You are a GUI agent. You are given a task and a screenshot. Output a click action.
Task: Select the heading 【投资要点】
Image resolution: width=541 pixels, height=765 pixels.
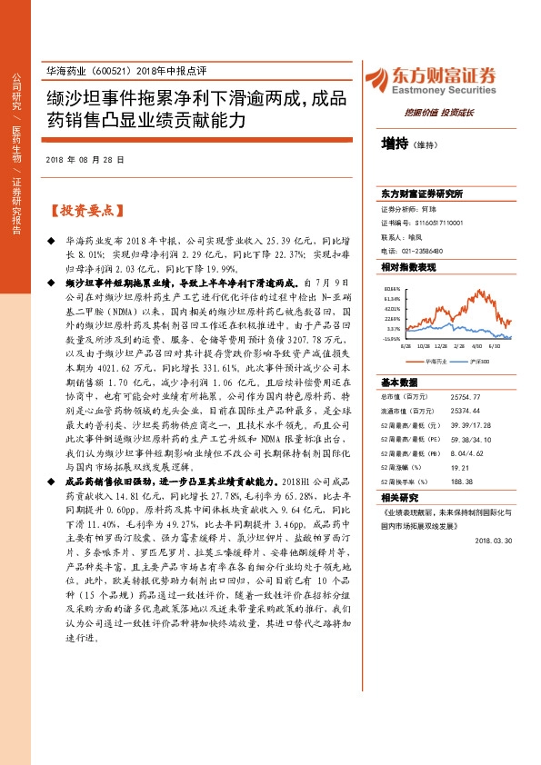[85, 210]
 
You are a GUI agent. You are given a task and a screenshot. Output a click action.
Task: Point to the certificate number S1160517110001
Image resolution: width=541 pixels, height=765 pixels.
[433, 221]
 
